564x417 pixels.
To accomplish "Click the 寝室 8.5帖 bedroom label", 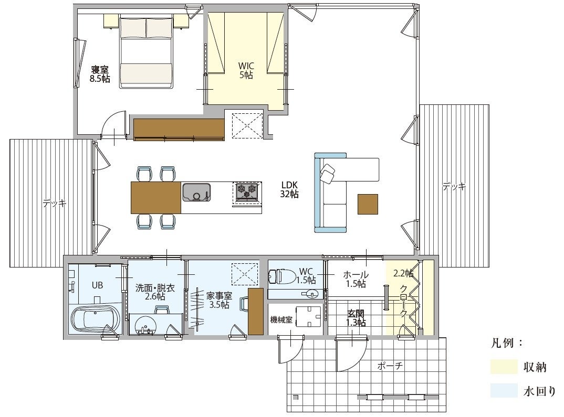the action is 100,74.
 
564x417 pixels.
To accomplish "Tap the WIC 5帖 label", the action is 246,70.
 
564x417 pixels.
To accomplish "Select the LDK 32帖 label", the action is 289,190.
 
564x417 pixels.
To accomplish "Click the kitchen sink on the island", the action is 196,192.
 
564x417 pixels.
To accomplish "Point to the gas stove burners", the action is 247,191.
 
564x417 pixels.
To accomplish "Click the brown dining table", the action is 156,198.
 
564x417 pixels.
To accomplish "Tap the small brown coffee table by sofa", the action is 368,204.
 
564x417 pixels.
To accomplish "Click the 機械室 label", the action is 281,319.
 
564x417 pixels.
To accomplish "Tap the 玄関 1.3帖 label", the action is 356,318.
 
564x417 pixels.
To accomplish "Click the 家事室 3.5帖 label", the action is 219,300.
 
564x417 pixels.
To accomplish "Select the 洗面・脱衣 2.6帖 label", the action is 155,292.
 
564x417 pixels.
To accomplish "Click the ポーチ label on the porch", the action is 390,366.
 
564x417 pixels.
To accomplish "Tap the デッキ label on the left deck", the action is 55,204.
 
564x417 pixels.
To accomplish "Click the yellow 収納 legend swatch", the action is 504,367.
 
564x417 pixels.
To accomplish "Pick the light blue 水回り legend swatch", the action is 504,390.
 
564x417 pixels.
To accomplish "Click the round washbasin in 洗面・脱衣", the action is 145,325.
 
